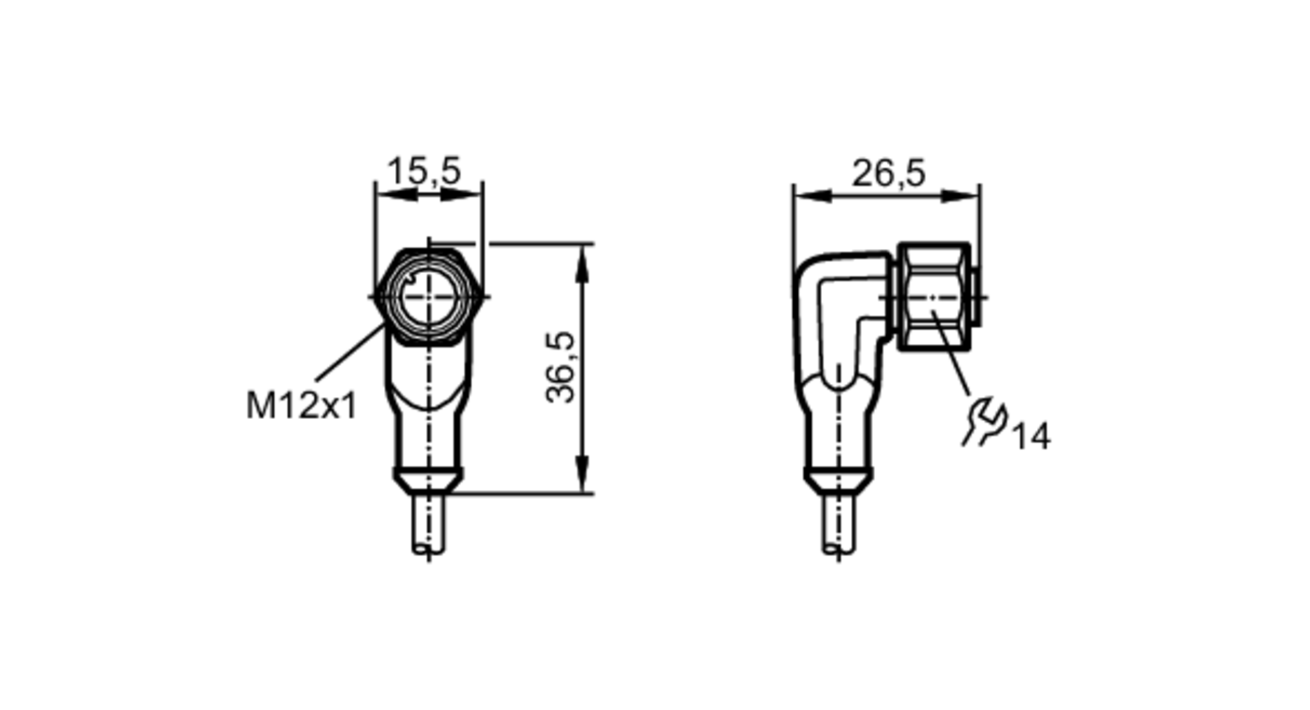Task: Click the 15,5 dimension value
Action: tap(424, 172)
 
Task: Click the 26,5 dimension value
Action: tap(888, 174)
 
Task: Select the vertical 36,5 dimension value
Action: tap(561, 367)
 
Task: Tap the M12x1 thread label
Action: tap(301, 406)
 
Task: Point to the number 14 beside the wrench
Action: tap(1032, 437)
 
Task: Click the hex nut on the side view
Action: tap(933, 297)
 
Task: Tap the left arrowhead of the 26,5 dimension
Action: tap(812, 196)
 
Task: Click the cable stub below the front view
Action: tap(429, 524)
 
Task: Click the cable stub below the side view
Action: tap(838, 524)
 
